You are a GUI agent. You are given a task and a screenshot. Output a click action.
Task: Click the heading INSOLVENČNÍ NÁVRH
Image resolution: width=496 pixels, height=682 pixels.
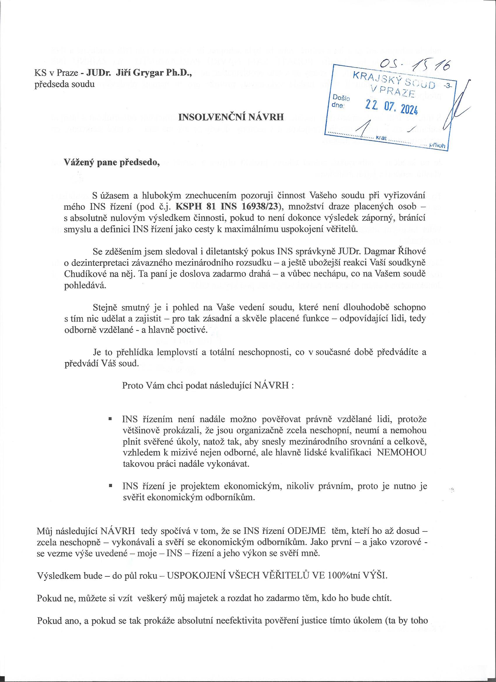point(231,117)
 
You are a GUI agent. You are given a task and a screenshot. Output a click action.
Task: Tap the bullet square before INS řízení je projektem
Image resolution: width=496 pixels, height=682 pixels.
point(110,486)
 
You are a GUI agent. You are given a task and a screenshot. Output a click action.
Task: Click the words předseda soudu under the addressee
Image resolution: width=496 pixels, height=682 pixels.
point(65,84)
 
